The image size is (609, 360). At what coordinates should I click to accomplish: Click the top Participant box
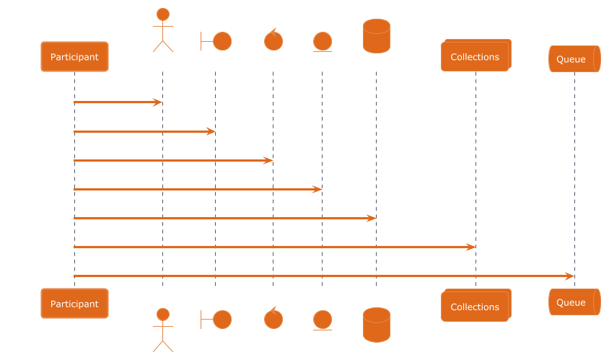[x=74, y=56]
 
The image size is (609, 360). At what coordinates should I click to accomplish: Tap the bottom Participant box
[x=74, y=304]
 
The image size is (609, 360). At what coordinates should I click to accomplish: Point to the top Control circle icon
[x=273, y=40]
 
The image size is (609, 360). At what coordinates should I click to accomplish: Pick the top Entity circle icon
[x=322, y=41]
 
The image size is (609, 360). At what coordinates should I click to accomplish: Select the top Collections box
[x=476, y=56]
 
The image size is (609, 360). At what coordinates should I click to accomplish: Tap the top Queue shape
[x=574, y=58]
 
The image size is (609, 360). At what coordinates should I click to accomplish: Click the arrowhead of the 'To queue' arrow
[x=569, y=276]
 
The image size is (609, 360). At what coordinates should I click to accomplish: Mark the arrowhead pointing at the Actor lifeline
[x=157, y=102]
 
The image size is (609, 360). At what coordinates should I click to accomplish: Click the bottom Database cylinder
[x=376, y=325]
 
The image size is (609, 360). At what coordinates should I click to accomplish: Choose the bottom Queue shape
[x=574, y=302]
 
